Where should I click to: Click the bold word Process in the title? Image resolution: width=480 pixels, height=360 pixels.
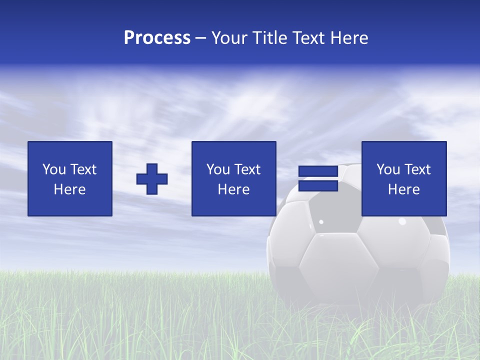click(157, 38)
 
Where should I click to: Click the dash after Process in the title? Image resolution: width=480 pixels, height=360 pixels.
click(200, 38)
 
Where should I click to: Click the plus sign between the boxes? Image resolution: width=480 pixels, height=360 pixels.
click(152, 179)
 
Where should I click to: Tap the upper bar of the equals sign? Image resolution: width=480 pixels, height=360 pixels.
click(318, 171)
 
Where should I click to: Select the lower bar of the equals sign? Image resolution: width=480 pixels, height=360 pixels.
click(318, 186)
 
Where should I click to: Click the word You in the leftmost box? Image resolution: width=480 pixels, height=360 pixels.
click(54, 169)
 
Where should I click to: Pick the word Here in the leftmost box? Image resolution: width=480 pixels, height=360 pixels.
click(70, 189)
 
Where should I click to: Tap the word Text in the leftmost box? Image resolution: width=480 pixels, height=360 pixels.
click(83, 169)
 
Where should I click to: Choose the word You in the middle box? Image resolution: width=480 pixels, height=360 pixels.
click(218, 169)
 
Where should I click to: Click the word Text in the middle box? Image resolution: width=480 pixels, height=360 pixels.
click(247, 169)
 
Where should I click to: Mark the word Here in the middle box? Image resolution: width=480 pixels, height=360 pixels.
click(234, 189)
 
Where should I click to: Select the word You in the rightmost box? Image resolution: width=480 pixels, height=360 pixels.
click(388, 169)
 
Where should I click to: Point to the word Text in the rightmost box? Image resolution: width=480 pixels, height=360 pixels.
click(417, 169)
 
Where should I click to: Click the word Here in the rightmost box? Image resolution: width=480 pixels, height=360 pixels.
click(404, 189)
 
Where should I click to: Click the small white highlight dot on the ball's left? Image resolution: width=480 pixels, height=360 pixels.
click(321, 221)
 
